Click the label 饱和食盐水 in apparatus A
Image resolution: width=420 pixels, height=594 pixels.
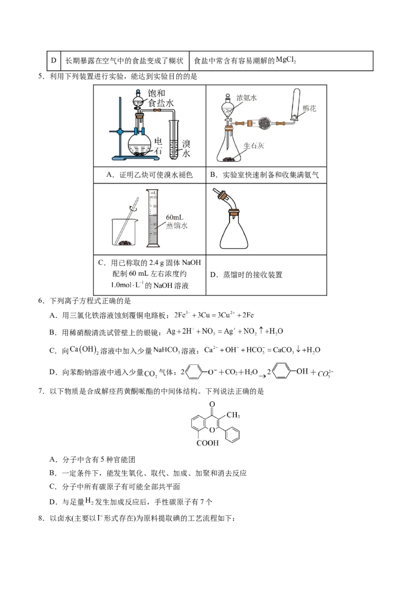[160, 98]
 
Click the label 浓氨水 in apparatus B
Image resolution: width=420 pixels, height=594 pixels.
[247, 98]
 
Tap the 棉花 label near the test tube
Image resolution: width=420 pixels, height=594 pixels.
[309, 108]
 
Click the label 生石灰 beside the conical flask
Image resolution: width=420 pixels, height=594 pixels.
[254, 145]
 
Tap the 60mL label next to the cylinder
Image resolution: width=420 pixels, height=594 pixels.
[174, 217]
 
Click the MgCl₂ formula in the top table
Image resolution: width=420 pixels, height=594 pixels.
[286, 60]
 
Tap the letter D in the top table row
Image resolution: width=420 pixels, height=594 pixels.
[54, 60]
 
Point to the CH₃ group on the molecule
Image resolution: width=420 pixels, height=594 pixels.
[233, 415]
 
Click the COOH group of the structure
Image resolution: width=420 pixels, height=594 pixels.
[208, 443]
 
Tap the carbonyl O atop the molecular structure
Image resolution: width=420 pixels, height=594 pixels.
[212, 404]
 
